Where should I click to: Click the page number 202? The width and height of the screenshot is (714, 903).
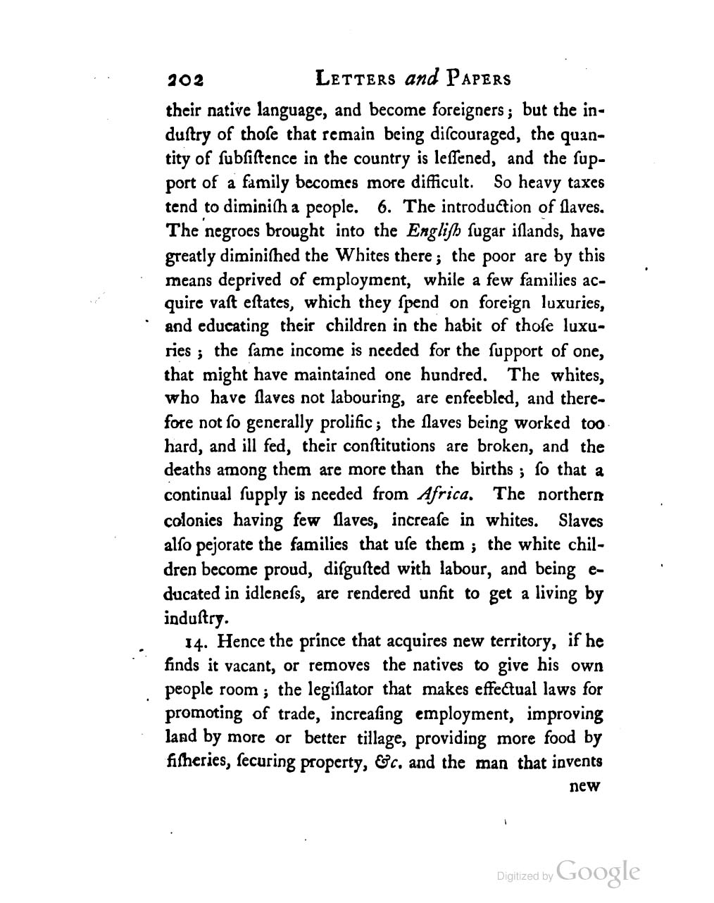coord(184,80)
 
